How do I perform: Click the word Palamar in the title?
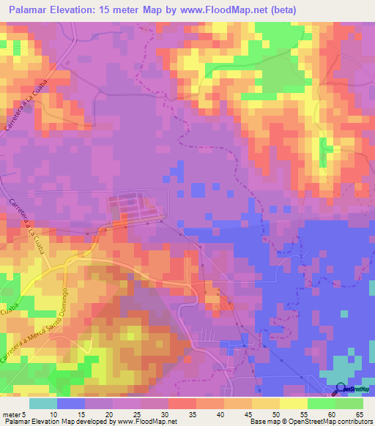(34, 10)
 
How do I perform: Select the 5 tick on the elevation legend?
(27, 414)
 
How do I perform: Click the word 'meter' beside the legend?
(12, 414)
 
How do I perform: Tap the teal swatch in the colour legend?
(42, 403)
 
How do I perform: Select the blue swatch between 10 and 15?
(71, 403)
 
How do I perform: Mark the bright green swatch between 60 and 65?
(349, 403)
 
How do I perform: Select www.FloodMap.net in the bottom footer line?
(149, 422)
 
